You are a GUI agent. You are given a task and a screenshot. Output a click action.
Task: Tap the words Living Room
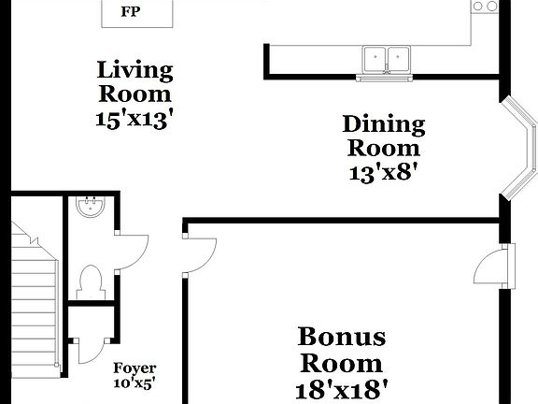(x=135, y=81)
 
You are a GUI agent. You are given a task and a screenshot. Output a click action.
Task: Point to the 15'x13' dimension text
(x=135, y=120)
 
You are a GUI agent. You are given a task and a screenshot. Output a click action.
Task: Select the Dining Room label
(x=383, y=136)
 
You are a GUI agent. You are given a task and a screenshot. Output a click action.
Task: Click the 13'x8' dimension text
(x=383, y=172)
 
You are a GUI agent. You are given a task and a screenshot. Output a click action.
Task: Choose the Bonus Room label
(x=341, y=349)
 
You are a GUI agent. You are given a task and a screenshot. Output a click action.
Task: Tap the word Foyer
(x=134, y=368)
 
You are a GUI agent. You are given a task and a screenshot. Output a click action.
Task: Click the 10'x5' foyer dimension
(x=134, y=382)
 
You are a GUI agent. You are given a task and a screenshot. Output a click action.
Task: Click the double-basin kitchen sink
(x=388, y=58)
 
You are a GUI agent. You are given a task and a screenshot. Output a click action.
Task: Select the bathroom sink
(x=92, y=206)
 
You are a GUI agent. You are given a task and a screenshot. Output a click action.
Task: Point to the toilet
(x=92, y=280)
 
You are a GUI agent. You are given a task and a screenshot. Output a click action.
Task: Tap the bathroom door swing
(x=133, y=247)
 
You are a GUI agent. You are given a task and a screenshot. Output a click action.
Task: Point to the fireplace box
(x=138, y=14)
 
